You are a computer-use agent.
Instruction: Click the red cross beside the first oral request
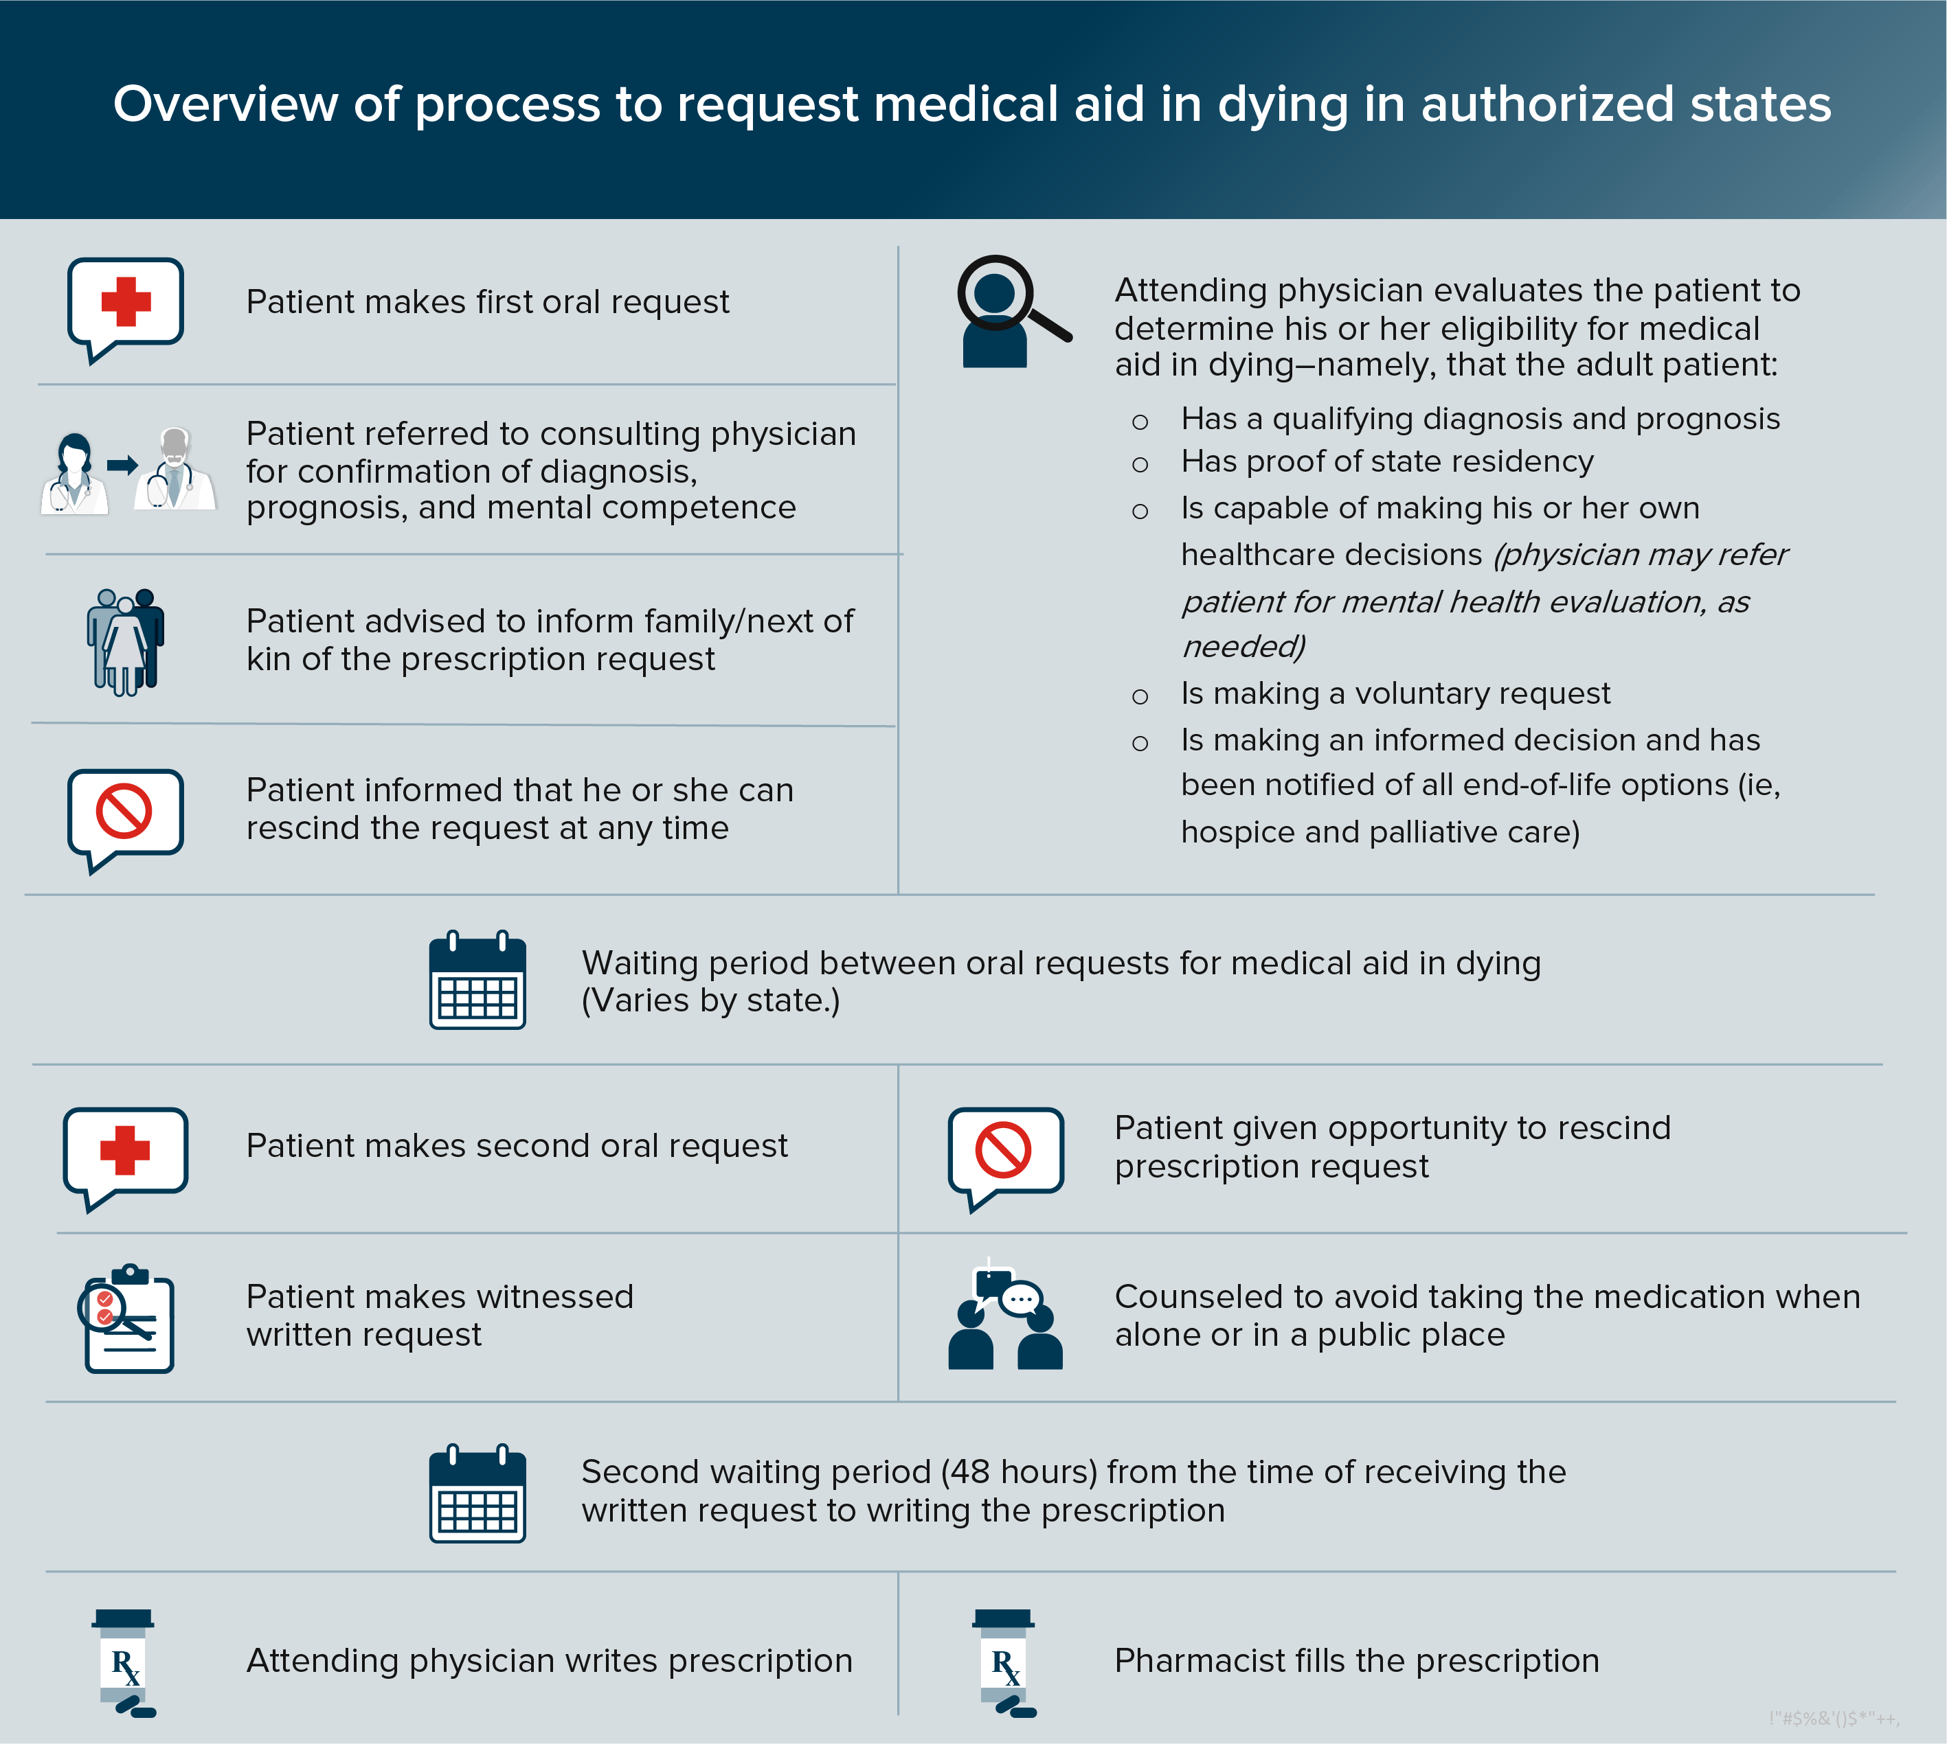point(126,302)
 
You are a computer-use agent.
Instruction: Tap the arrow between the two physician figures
point(122,466)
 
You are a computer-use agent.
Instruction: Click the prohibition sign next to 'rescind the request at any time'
point(124,811)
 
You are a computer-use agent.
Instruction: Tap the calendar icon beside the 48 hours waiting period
point(477,1493)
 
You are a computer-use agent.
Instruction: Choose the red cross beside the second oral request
point(126,1150)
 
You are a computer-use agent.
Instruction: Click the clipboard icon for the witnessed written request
point(128,1320)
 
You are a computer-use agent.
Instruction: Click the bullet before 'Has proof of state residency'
point(1140,466)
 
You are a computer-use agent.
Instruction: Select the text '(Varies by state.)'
point(710,1000)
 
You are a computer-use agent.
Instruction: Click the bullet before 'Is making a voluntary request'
point(1140,697)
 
